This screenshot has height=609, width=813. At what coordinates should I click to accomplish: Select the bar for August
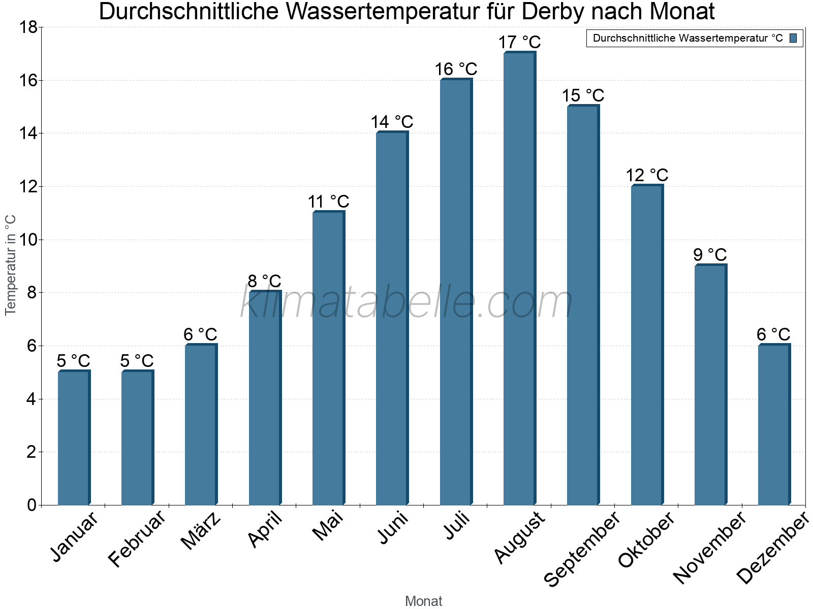click(x=519, y=279)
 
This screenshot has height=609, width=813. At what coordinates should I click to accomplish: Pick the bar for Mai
click(x=328, y=358)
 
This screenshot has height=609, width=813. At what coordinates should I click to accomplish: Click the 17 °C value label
click(x=519, y=42)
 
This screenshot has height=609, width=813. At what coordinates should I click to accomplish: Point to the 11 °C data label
click(x=328, y=201)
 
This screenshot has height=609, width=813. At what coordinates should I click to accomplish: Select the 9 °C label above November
click(x=710, y=254)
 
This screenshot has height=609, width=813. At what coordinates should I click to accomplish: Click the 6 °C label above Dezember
click(x=773, y=334)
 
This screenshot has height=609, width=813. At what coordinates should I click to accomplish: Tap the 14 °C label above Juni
click(x=392, y=122)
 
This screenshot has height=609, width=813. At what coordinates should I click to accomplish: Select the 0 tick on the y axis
click(x=32, y=505)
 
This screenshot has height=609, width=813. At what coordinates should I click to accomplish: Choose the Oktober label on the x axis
click(x=646, y=540)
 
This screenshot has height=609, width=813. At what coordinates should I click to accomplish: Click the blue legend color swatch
click(x=793, y=38)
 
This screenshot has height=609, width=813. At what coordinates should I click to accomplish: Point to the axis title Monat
click(x=423, y=601)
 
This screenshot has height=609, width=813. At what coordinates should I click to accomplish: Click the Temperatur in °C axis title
click(x=10, y=265)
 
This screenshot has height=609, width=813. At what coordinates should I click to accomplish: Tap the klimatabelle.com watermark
click(x=407, y=302)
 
